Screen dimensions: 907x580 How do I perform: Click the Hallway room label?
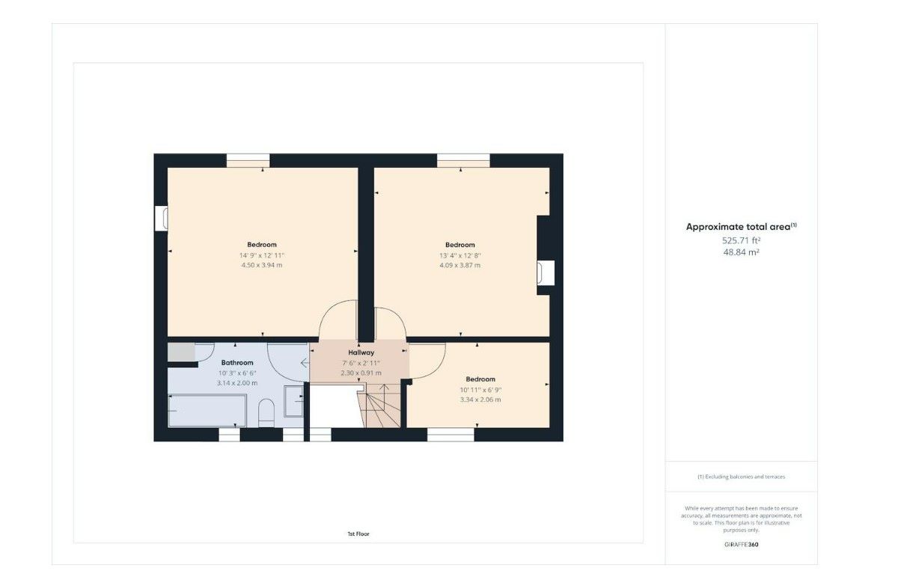(x=361, y=352)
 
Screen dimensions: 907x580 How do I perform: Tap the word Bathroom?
(x=237, y=362)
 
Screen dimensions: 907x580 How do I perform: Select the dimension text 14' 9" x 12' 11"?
(x=262, y=255)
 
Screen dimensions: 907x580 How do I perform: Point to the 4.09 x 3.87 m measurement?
(x=460, y=265)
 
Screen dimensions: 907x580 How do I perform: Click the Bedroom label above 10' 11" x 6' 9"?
(x=480, y=379)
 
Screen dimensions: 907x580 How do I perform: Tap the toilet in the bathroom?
(x=266, y=412)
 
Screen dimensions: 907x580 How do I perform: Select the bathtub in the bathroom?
(x=207, y=410)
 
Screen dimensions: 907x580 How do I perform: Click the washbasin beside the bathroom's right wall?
(x=293, y=401)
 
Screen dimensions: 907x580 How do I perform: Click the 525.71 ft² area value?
(x=741, y=240)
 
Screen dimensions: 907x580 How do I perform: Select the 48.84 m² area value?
(x=741, y=252)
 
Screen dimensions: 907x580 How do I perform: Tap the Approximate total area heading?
(x=741, y=227)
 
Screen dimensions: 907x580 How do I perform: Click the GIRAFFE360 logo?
(x=741, y=544)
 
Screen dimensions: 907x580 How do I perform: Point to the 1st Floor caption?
(x=358, y=534)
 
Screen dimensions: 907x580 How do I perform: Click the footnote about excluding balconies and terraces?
(x=741, y=477)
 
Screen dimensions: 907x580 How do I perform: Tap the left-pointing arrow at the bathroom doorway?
(x=305, y=363)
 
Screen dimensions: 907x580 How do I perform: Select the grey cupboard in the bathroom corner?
(x=181, y=352)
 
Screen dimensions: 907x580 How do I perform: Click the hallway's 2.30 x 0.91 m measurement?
(x=361, y=373)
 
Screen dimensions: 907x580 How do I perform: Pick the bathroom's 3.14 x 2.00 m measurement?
(x=237, y=382)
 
